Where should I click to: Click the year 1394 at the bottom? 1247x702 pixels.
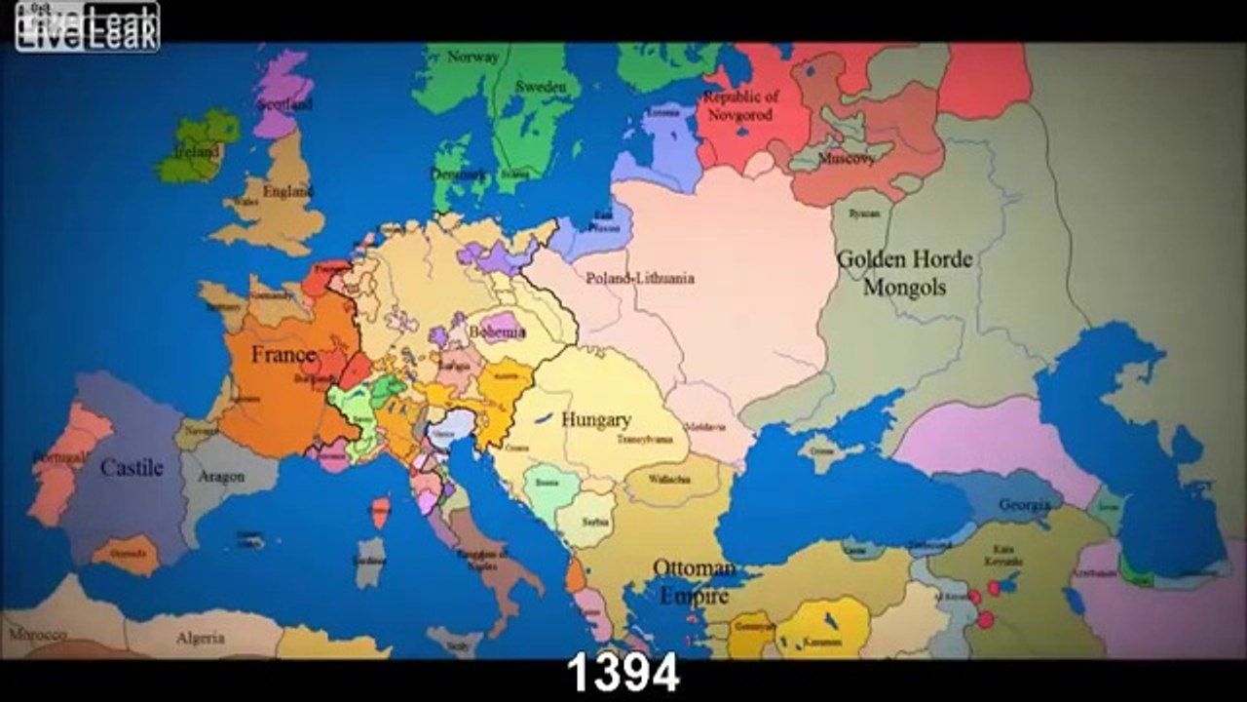[623, 674]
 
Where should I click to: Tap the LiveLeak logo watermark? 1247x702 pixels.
[87, 27]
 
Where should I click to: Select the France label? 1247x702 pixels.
[283, 354]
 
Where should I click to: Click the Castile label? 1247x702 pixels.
[132, 468]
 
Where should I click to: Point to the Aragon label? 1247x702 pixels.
[221, 477]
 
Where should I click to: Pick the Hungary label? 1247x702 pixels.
[595, 420]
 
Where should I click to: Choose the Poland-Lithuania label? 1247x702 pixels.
[640, 278]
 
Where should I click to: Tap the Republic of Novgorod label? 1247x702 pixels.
[740, 106]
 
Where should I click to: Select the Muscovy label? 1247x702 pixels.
[846, 158]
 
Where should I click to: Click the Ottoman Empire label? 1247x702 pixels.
[694, 582]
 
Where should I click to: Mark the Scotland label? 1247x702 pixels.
[283, 103]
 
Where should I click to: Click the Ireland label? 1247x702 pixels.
[197, 152]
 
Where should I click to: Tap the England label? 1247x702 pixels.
[286, 192]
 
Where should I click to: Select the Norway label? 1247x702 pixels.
[472, 57]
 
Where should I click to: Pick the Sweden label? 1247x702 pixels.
[540, 87]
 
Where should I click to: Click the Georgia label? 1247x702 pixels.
[1024, 505]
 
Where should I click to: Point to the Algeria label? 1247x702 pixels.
[200, 639]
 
